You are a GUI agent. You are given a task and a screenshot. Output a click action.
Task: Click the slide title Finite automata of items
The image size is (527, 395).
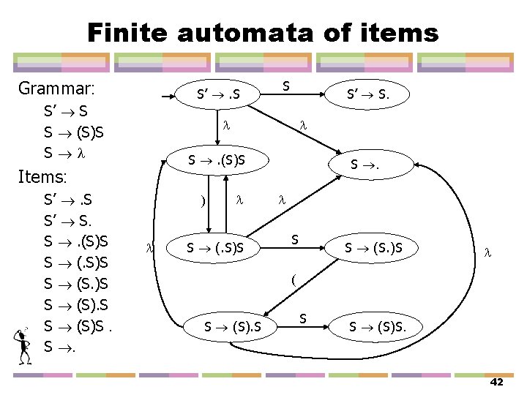[263, 33]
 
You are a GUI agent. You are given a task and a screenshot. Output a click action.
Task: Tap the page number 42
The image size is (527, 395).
[496, 383]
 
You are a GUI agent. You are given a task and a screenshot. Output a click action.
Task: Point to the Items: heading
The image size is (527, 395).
[42, 177]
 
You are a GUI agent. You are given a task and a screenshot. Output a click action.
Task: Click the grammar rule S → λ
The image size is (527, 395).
[64, 154]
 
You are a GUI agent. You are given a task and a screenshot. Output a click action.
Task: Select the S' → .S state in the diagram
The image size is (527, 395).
[218, 94]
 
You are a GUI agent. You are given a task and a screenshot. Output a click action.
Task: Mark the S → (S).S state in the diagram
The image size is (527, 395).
[232, 326]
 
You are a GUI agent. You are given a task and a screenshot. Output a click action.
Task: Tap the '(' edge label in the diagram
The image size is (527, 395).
[293, 279]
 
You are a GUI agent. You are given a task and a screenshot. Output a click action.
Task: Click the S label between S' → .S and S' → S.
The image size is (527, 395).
[286, 86]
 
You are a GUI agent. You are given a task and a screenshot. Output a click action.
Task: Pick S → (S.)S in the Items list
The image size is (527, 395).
[77, 282]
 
